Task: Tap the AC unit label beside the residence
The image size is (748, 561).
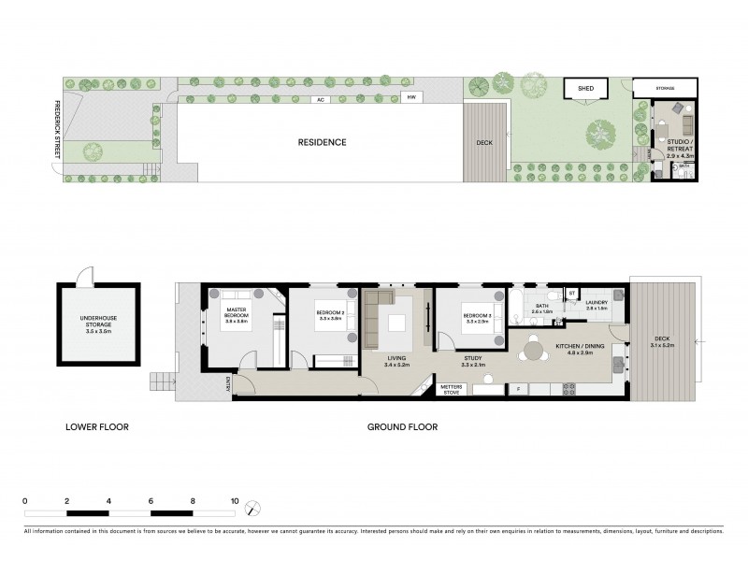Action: click(320, 99)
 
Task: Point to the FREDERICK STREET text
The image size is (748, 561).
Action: click(57, 129)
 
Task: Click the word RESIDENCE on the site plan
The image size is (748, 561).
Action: click(322, 143)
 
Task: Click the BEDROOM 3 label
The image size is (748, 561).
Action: click(477, 319)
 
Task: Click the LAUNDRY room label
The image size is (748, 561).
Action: click(597, 305)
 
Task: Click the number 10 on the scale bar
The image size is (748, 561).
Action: click(235, 501)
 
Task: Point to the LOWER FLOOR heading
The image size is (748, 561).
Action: click(97, 427)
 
